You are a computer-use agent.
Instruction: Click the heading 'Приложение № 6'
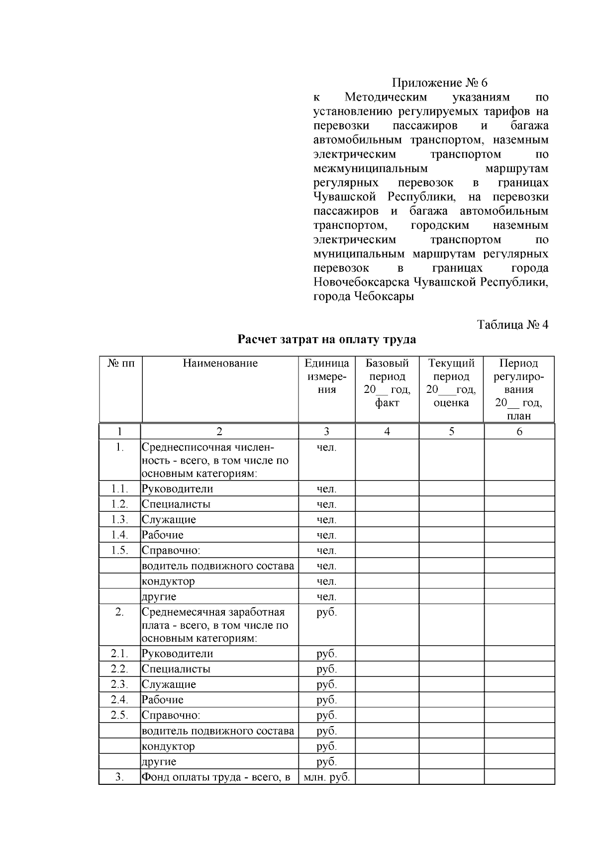(440, 83)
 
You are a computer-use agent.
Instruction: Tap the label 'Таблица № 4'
(512, 325)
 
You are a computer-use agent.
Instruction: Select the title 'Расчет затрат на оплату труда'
(326, 340)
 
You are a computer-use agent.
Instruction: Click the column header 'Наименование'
(220, 363)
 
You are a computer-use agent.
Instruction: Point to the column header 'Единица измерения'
(326, 376)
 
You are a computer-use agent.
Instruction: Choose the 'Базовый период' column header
(387, 383)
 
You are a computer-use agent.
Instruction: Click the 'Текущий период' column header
(451, 383)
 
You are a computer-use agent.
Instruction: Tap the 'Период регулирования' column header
(519, 389)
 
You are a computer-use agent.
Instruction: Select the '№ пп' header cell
(121, 363)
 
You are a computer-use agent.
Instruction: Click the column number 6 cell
(519, 432)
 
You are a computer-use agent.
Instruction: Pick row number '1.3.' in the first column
(119, 520)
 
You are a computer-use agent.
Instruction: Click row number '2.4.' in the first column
(119, 700)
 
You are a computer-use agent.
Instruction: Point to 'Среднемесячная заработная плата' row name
(215, 625)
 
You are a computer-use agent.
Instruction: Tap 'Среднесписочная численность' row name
(215, 461)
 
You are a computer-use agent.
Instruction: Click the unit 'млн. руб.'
(326, 777)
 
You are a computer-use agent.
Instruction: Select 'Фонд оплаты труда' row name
(216, 777)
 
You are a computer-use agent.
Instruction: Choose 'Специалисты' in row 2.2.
(176, 669)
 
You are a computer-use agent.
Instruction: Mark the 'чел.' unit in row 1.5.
(326, 551)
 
